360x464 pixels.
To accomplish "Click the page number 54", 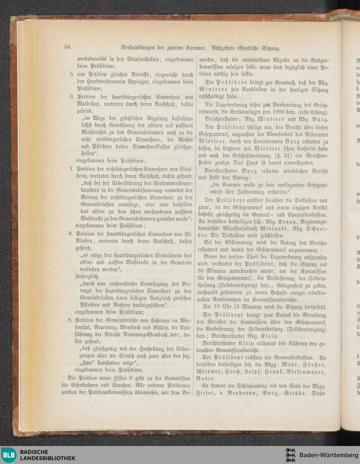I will tap(67, 46).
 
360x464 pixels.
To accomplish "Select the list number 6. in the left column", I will tap(72, 97).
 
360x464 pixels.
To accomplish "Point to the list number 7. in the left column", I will tap(72, 168).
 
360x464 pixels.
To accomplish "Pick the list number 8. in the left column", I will tap(72, 233).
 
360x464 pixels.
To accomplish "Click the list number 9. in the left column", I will tap(71, 320).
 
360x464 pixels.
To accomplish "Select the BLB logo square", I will tap(9, 455).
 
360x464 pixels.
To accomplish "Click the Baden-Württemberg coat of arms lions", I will tap(291, 455).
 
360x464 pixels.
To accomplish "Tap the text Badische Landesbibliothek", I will tap(48, 455).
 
